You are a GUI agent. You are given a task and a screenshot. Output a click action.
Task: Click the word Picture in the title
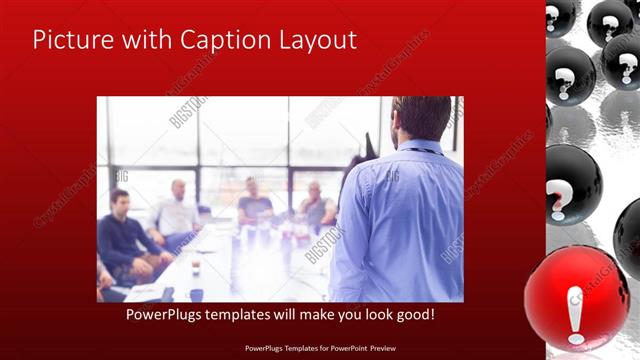(x=71, y=41)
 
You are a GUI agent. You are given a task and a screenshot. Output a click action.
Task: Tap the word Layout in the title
(x=313, y=41)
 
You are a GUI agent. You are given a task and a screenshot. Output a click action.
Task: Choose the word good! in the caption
(x=412, y=315)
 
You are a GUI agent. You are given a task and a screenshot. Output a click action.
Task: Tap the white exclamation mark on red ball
(x=576, y=313)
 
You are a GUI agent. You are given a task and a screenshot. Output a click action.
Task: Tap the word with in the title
(x=146, y=41)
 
